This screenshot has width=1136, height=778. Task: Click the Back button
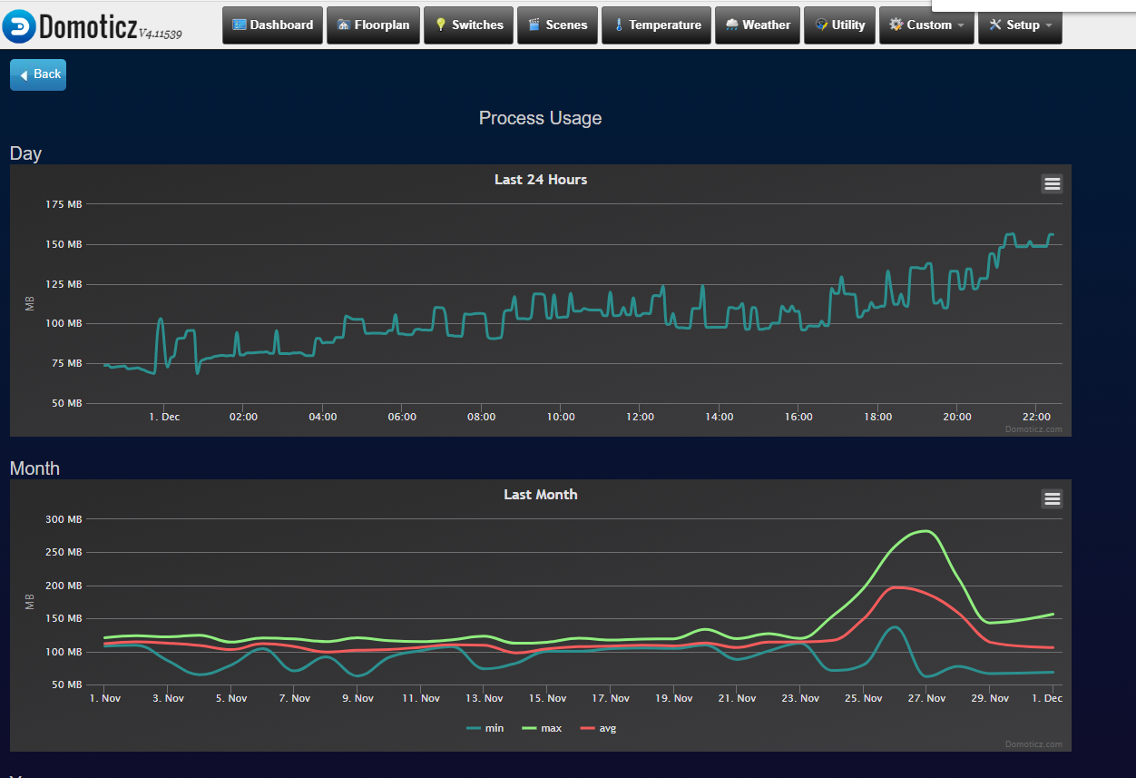tap(38, 74)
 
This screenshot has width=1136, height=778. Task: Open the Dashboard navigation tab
tap(273, 25)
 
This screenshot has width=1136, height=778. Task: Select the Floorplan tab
tap(373, 25)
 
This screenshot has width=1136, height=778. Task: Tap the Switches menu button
tap(468, 25)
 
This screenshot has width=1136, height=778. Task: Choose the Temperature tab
tap(658, 25)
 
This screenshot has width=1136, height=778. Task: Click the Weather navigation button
tap(758, 25)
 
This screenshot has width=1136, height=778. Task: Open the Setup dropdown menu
tap(1020, 25)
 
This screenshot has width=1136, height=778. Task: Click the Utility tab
tap(840, 25)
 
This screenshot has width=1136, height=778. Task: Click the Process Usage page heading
tap(540, 118)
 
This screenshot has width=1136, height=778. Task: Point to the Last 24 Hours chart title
tap(541, 180)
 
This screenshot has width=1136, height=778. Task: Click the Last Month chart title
tap(541, 495)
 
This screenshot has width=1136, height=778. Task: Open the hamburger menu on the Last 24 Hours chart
tap(1052, 184)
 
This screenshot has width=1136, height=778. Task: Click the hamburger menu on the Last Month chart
tap(1052, 498)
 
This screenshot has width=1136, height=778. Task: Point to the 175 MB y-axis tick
tap(64, 204)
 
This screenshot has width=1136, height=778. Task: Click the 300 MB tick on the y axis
tap(64, 519)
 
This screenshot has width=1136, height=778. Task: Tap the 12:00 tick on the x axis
tap(640, 417)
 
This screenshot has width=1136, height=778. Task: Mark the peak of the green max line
tap(925, 530)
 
